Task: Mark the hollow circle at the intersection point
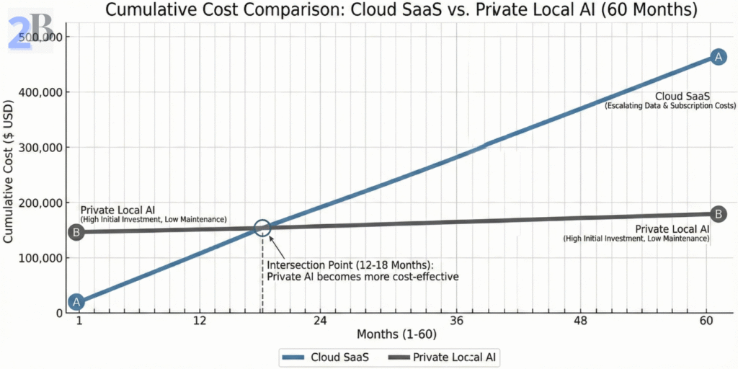(x=262, y=228)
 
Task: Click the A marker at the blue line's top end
(x=717, y=57)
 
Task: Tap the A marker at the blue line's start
(x=76, y=302)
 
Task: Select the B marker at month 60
(x=718, y=213)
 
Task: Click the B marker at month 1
(x=76, y=232)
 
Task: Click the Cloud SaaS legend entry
(x=324, y=357)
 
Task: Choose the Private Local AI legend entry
(x=441, y=357)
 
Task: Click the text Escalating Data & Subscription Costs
(x=670, y=106)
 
